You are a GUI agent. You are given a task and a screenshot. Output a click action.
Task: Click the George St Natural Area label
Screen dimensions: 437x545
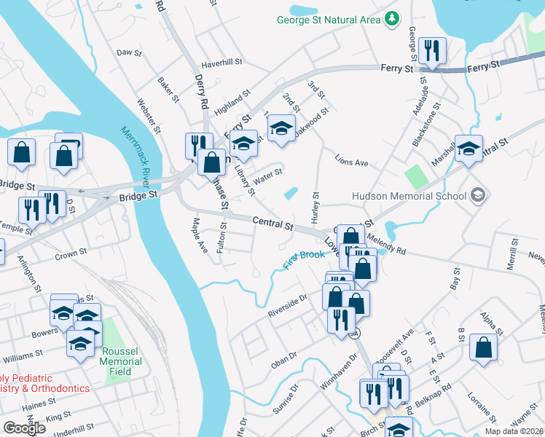pos(329,20)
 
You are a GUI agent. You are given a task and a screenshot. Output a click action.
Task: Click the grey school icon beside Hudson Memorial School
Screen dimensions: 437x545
pos(477,195)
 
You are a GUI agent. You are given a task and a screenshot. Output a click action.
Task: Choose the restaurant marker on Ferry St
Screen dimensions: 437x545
pos(432,51)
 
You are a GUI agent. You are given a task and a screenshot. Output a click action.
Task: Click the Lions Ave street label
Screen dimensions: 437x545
pos(351,162)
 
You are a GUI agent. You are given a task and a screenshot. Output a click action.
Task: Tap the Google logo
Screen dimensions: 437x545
pos(25,428)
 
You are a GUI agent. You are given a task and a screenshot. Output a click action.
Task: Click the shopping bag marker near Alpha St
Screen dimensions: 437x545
pos(483,348)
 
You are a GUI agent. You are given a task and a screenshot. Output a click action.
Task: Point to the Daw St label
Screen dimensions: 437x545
pos(128,52)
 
